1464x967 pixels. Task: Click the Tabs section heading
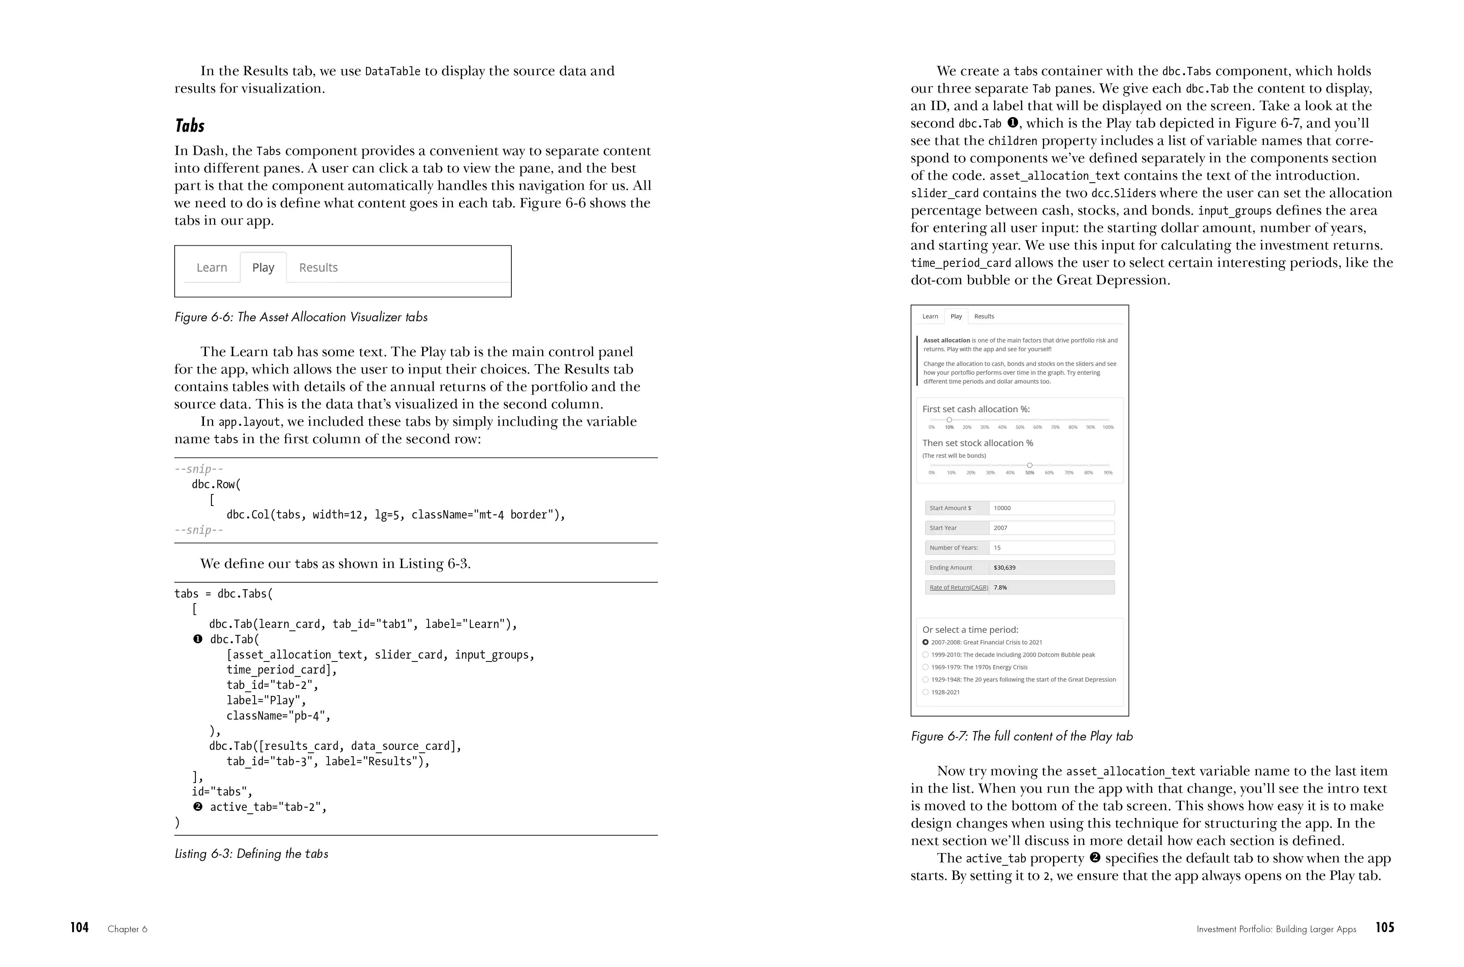pos(189,126)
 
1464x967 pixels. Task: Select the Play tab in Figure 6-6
pos(263,268)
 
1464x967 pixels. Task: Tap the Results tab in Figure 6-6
pos(318,268)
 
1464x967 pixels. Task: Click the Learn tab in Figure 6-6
pos(212,268)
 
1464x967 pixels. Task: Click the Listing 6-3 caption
pos(251,853)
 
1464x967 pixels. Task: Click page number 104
pos(79,928)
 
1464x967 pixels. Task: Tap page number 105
pos(1385,928)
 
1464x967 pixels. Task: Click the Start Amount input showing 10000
pos(1051,508)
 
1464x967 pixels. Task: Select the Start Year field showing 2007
pos(1051,528)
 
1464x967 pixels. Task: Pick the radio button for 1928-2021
pos(925,692)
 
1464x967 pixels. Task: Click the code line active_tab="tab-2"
pos(268,807)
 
